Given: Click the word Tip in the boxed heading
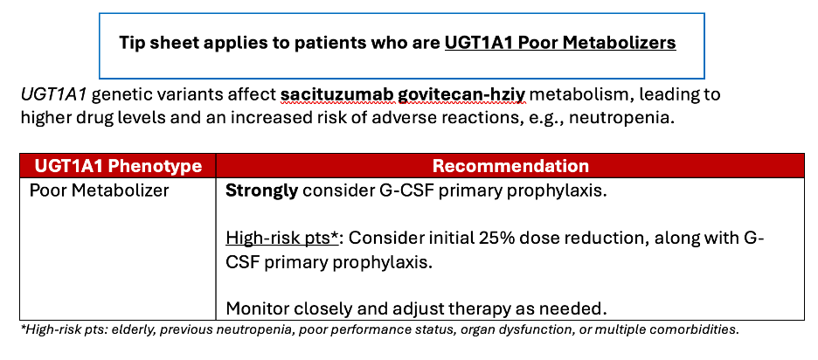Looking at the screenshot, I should click(133, 42).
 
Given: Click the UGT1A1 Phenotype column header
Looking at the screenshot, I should click(118, 166).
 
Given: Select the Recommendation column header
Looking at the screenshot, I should click(511, 166).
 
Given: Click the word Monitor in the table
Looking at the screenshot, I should click(254, 308).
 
